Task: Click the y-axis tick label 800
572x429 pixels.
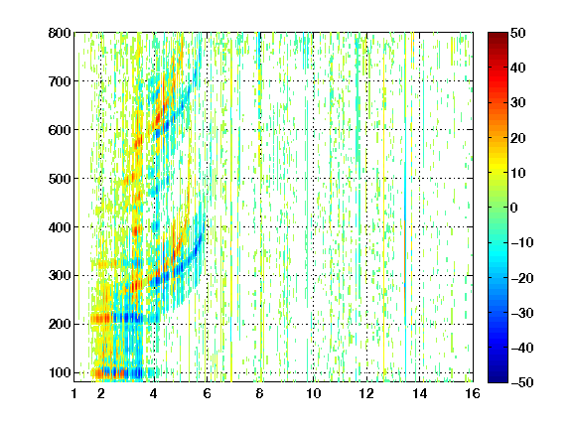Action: [x=60, y=33]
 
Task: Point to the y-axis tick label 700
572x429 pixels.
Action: [x=60, y=81]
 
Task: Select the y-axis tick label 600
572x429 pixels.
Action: [x=60, y=130]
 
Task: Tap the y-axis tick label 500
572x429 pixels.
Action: [x=60, y=179]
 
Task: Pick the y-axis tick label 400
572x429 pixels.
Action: [x=60, y=227]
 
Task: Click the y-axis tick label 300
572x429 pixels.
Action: [x=60, y=276]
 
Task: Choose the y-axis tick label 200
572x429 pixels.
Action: [x=60, y=325]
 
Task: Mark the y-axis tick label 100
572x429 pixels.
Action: [x=60, y=372]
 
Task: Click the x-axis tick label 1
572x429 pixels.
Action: [x=74, y=393]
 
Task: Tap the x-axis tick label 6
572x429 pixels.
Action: [x=207, y=393]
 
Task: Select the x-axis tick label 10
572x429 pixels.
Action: [x=314, y=393]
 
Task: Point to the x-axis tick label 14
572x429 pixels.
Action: [x=420, y=393]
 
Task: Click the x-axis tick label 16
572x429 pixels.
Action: [x=473, y=393]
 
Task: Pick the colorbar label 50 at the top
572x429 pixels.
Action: [x=518, y=33]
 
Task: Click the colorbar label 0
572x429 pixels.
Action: [x=514, y=208]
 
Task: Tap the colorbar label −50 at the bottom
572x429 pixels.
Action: [x=522, y=382]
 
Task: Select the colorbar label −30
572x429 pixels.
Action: [x=522, y=313]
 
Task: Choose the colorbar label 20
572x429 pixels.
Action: [x=518, y=138]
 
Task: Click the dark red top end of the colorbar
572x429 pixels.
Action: [x=498, y=35]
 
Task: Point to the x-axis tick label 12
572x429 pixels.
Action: [x=366, y=393]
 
